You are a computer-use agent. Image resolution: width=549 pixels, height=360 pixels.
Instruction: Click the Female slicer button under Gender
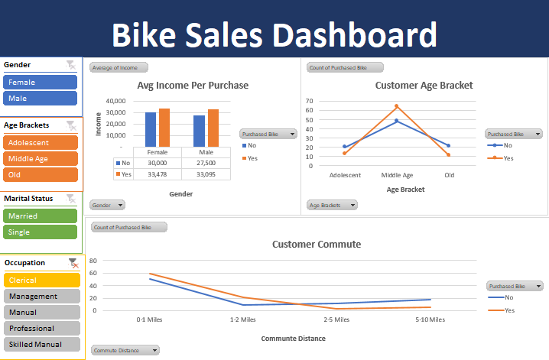point(41,82)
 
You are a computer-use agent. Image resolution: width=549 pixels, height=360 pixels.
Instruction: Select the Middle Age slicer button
point(41,159)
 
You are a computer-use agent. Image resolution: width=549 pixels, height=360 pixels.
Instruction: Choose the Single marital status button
point(41,232)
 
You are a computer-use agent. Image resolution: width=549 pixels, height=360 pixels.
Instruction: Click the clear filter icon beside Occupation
point(73,263)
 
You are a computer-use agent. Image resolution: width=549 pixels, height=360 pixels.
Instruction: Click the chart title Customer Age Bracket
point(424,86)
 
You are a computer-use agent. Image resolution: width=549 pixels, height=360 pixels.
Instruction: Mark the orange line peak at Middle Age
point(396,106)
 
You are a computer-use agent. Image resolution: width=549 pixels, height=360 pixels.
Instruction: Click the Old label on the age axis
point(449,175)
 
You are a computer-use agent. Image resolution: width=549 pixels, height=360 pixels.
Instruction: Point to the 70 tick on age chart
point(310,100)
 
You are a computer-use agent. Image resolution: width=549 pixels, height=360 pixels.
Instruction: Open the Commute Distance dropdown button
point(125,350)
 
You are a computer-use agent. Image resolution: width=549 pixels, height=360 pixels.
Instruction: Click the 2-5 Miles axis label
point(336,319)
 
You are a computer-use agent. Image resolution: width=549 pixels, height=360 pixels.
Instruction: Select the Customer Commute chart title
point(317,245)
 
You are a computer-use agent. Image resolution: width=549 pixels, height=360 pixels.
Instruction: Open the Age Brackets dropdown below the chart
point(333,205)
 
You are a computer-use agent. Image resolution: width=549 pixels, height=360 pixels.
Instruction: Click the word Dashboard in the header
point(355,35)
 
